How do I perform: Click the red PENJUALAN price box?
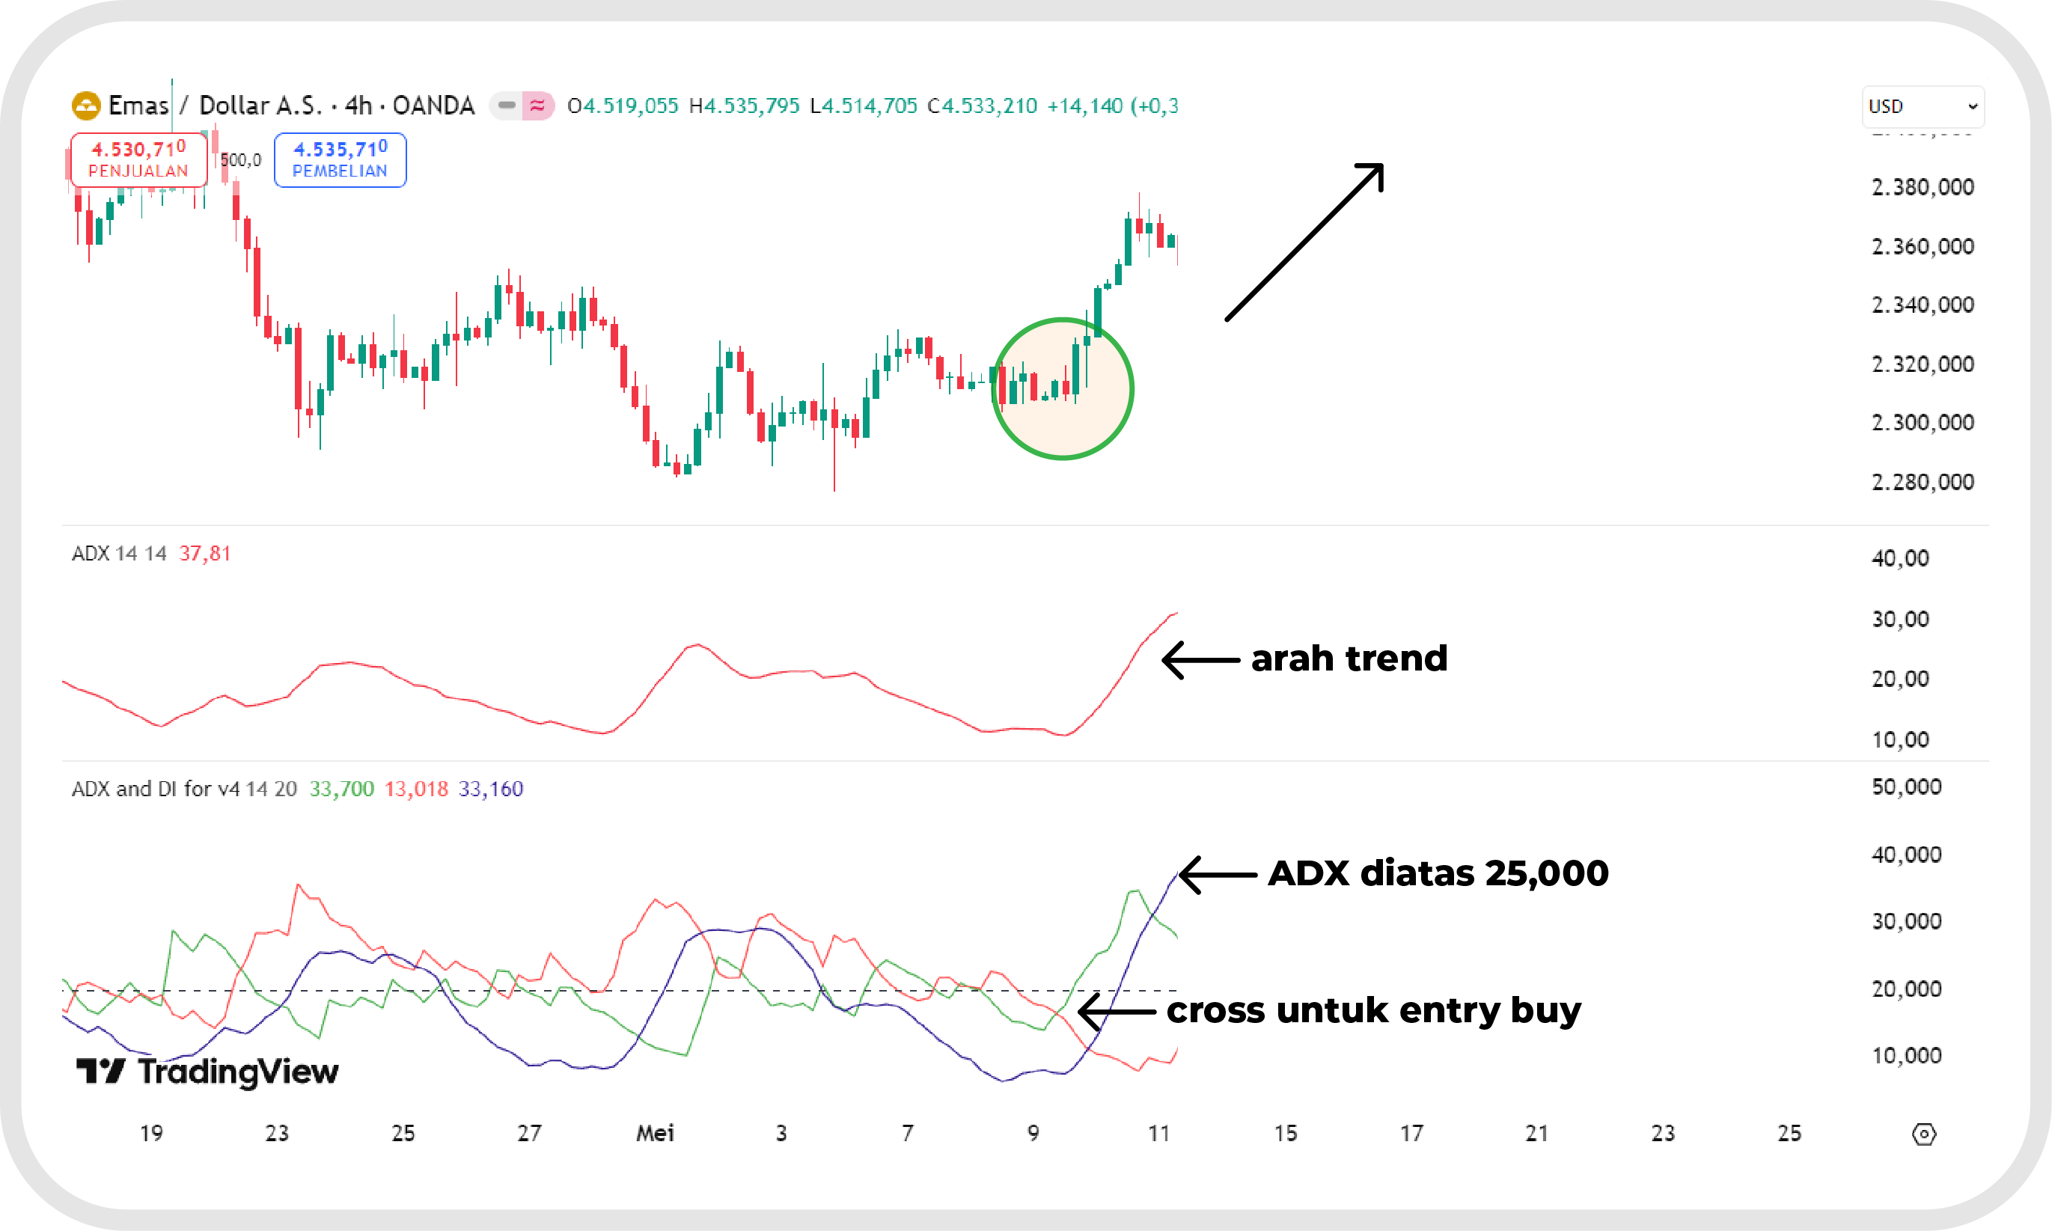[138, 159]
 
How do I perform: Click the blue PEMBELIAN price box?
[340, 159]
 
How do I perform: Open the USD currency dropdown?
[1923, 106]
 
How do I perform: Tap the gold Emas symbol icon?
[85, 106]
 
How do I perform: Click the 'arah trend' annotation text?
[1349, 659]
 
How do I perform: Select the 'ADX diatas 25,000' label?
[1438, 873]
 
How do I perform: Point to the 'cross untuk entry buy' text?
[1373, 1010]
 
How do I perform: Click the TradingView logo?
[207, 1071]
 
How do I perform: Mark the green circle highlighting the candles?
[1063, 388]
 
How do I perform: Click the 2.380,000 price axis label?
[1923, 188]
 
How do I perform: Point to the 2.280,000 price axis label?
[1923, 482]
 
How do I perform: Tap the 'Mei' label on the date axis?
[654, 1133]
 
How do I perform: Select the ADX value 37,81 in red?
[204, 553]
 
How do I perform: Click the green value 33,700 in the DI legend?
[342, 789]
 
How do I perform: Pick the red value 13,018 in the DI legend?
[415, 789]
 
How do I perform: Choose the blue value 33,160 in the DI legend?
[491, 789]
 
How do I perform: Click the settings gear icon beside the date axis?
[1923, 1134]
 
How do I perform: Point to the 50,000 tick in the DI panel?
[1906, 787]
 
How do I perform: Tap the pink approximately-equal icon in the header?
[537, 106]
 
